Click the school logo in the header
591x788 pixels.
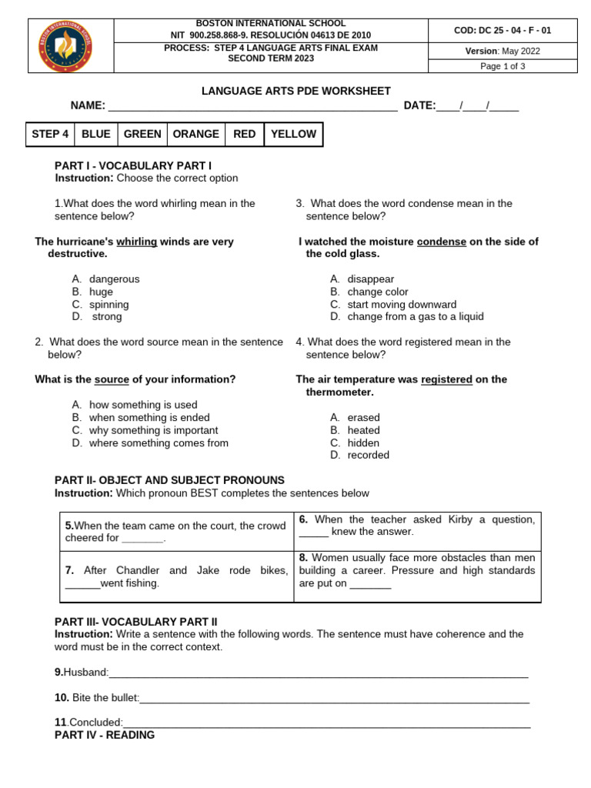[71, 46]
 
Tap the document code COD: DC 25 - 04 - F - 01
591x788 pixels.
[503, 31]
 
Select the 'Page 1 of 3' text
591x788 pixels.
[503, 66]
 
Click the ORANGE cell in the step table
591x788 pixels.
[195, 134]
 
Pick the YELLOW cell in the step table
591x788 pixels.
[293, 134]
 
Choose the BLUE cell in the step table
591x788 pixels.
[95, 134]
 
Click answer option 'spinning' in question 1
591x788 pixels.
[109, 305]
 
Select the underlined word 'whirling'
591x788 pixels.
[136, 242]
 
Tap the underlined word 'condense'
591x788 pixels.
[441, 242]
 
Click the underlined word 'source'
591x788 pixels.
[112, 379]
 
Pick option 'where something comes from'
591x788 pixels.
[159, 442]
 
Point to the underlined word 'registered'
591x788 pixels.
[446, 379]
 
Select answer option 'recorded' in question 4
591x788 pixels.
[368, 455]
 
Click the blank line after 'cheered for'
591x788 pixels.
[143, 539]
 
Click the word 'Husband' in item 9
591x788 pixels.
[85, 673]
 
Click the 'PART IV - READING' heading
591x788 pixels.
[105, 735]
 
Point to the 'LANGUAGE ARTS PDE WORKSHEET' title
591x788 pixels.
[295, 91]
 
